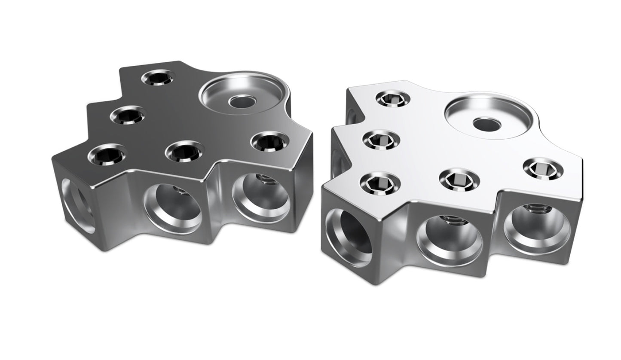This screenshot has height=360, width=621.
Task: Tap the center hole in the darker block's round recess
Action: tap(241, 101)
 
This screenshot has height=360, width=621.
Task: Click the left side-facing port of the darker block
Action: tap(78, 206)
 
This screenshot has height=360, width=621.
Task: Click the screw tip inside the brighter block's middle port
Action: tap(455, 223)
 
